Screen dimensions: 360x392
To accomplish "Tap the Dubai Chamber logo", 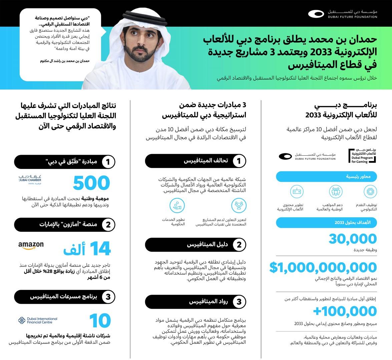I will [x=32, y=179].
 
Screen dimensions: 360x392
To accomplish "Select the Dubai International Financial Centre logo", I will [x=37, y=320].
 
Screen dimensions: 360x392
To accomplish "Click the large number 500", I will [x=91, y=183].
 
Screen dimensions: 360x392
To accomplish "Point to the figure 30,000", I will [x=353, y=239].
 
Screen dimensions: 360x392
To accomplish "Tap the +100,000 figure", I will [x=345, y=311].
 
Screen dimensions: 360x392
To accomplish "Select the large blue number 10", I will [x=100, y=321].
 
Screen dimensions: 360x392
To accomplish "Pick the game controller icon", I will [x=296, y=192].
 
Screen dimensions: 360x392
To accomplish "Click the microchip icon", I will [x=370, y=192].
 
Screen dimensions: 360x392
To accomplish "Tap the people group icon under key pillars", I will [x=336, y=192].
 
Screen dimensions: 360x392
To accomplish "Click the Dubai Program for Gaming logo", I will [x=363, y=156].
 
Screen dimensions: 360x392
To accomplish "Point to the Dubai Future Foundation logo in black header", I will [x=343, y=14].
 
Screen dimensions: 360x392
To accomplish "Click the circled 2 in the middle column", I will [x=239, y=245].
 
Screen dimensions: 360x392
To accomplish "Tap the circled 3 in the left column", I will [x=108, y=297].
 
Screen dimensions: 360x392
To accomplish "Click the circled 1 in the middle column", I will [x=239, y=161].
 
